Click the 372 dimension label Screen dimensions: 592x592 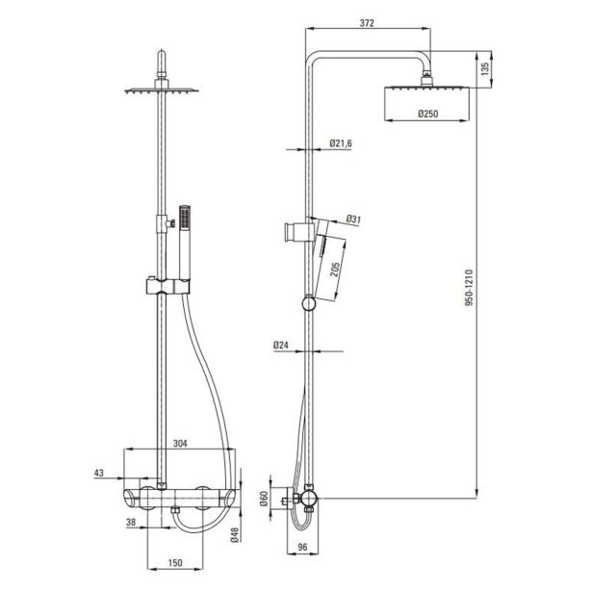pyautogui.click(x=367, y=23)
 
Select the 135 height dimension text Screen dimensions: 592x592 pyautogui.click(x=485, y=69)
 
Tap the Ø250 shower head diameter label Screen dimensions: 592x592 pyautogui.click(x=428, y=114)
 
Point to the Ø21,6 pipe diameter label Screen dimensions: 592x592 pyautogui.click(x=341, y=143)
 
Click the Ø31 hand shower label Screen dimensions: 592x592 pyautogui.click(x=353, y=219)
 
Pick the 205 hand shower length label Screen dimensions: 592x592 pyautogui.click(x=335, y=269)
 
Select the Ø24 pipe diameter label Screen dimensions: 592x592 pyautogui.click(x=281, y=345)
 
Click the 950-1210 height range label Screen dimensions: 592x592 pyautogui.click(x=469, y=288)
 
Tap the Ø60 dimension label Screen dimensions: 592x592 pyautogui.click(x=264, y=499)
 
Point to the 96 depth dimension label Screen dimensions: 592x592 pyautogui.click(x=302, y=547)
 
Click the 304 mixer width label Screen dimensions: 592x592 pyautogui.click(x=180, y=443)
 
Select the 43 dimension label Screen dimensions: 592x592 pyautogui.click(x=98, y=473)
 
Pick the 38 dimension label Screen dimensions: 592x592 pyautogui.click(x=131, y=522)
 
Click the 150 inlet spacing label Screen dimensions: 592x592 pyautogui.click(x=175, y=563)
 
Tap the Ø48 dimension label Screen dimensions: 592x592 pyautogui.click(x=235, y=535)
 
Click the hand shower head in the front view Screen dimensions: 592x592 pyautogui.click(x=185, y=218)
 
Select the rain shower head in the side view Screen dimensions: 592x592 pyautogui.click(x=426, y=103)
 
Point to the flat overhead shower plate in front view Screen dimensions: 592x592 pyautogui.click(x=162, y=90)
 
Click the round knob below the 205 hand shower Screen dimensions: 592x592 pyautogui.click(x=308, y=304)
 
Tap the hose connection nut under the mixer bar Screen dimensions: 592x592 pyautogui.click(x=175, y=510)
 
